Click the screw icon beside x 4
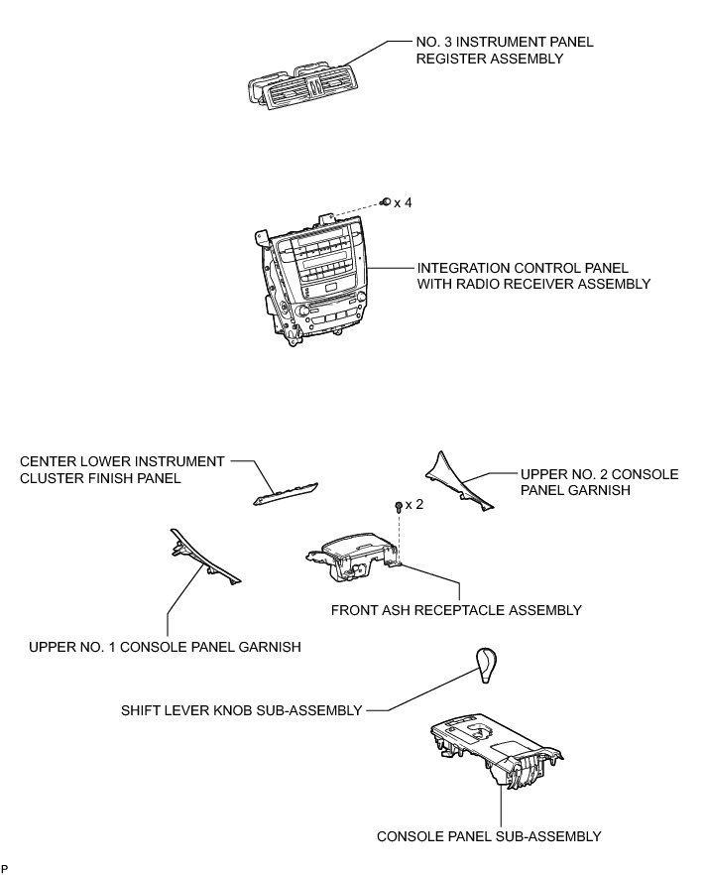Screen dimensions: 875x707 [384, 201]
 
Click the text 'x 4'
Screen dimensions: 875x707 [403, 202]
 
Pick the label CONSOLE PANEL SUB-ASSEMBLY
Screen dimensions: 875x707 [489, 836]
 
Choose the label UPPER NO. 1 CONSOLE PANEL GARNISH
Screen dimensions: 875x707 [165, 647]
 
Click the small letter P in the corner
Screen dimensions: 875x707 [5, 869]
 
